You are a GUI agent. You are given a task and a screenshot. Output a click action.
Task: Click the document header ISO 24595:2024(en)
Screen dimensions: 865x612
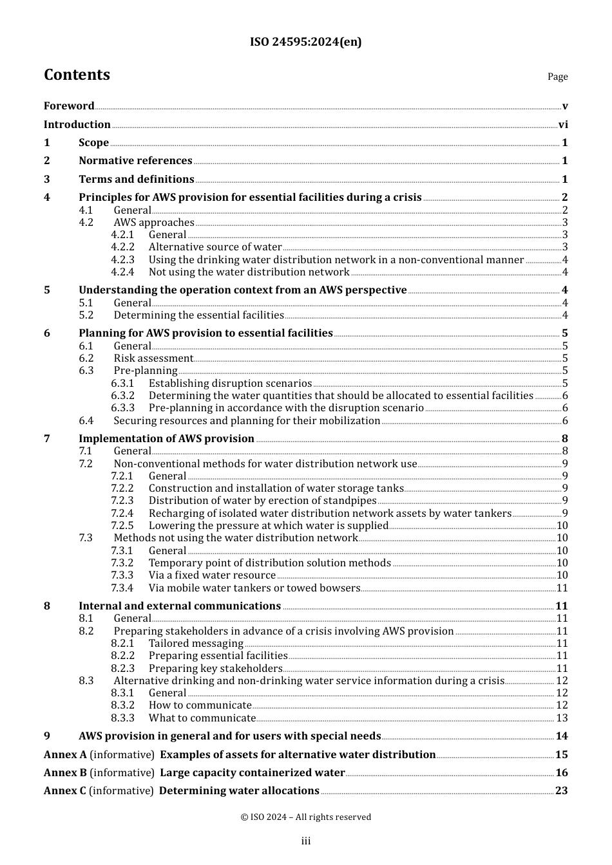point(305,42)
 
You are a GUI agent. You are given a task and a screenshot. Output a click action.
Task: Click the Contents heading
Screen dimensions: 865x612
point(77,75)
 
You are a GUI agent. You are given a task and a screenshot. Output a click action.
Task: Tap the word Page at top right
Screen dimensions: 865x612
point(557,77)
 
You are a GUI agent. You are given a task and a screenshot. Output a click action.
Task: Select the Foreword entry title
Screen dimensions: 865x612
point(69,106)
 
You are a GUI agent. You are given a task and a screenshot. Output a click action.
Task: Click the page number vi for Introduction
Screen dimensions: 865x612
point(563,125)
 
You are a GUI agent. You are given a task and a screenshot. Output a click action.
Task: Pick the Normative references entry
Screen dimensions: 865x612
point(135,161)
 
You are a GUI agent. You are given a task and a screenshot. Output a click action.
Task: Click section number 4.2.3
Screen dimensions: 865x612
point(122,260)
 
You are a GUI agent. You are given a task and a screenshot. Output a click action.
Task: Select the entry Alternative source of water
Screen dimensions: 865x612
point(215,247)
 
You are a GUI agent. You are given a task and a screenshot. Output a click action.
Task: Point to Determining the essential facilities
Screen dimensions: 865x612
point(198,315)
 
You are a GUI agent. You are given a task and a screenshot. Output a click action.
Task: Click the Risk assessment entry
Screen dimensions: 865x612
point(153,358)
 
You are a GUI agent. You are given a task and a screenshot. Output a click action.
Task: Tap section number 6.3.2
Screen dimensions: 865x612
point(122,396)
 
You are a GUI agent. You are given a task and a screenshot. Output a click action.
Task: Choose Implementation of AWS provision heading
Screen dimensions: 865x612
point(166,439)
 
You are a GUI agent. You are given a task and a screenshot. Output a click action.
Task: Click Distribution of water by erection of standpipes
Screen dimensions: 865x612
point(262,501)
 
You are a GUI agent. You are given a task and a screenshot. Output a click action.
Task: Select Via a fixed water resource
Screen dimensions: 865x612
point(212,575)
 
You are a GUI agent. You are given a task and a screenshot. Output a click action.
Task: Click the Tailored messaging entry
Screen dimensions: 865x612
point(196,644)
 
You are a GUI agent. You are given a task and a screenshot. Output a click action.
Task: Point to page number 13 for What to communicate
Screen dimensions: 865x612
point(562,718)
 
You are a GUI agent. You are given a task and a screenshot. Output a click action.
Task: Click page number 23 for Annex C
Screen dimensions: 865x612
point(562,791)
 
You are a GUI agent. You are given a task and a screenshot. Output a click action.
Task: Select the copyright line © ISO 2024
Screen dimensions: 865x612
point(305,817)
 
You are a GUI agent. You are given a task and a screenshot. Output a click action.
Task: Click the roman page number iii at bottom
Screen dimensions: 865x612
point(305,841)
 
